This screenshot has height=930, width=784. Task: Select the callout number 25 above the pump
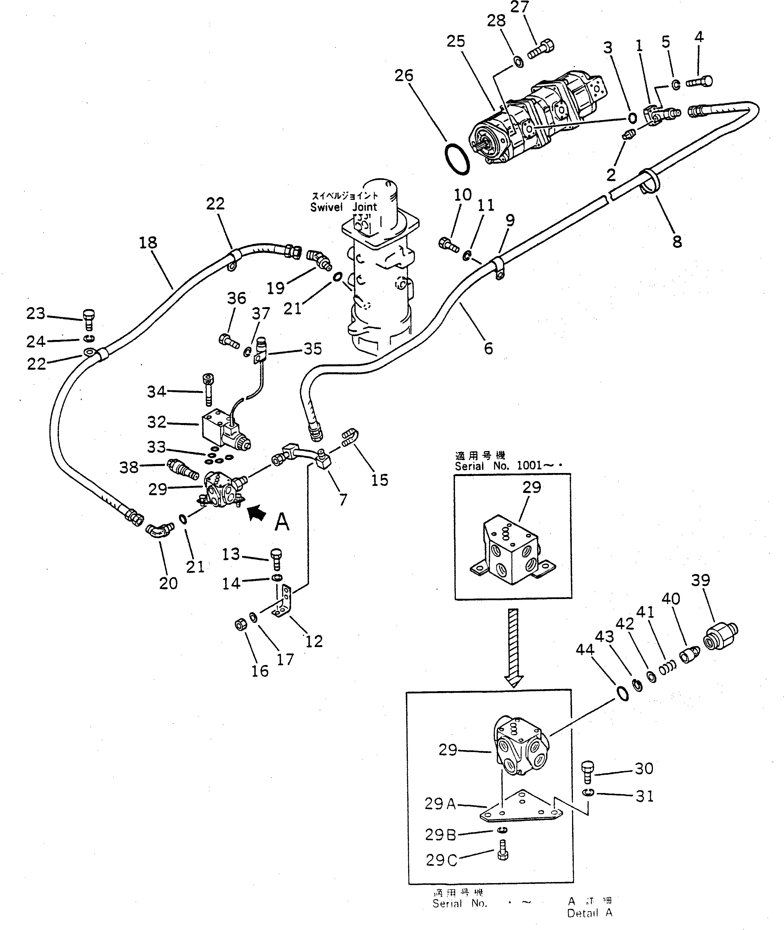coord(456,41)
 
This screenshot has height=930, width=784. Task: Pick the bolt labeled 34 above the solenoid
coord(207,389)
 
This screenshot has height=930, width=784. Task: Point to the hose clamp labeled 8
coord(649,182)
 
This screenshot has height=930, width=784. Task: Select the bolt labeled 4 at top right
coord(699,81)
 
